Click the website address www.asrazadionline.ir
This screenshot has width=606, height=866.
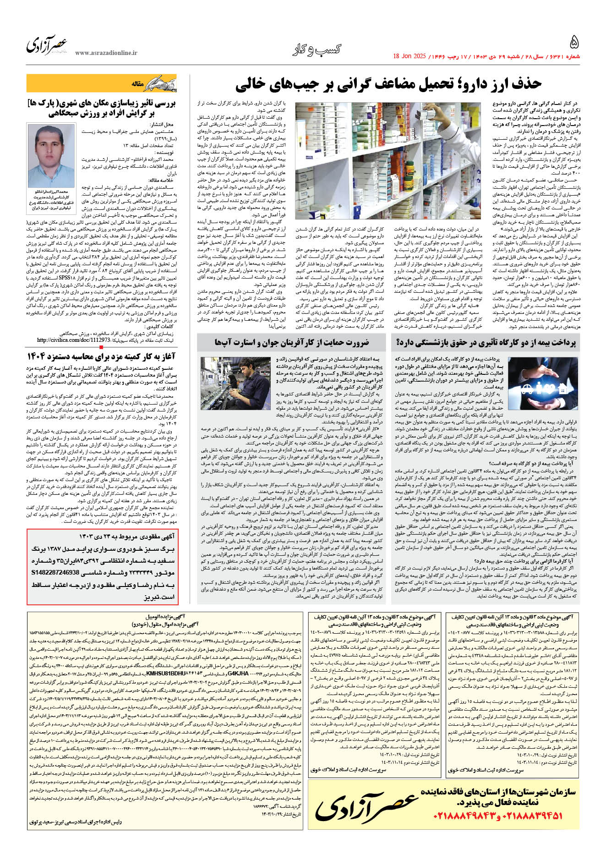[x=106, y=53]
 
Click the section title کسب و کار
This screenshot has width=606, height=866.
[x=317, y=49]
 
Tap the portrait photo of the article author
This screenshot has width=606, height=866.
[x=51, y=155]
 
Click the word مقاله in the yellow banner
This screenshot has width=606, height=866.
[x=138, y=84]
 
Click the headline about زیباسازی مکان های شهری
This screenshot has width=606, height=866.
[x=102, y=107]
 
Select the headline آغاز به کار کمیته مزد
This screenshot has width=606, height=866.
[x=102, y=356]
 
